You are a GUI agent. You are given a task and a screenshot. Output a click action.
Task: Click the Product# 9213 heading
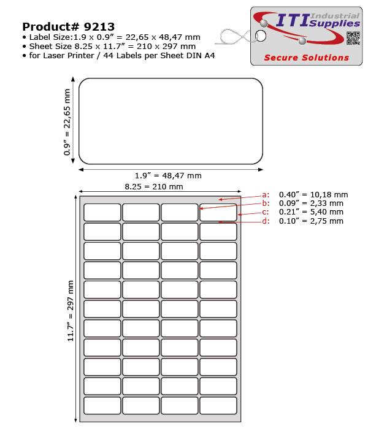(x=68, y=26)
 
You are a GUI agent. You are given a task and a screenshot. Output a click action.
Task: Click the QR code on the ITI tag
(x=353, y=38)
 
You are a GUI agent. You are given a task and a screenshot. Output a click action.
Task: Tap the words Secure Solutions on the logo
(x=306, y=58)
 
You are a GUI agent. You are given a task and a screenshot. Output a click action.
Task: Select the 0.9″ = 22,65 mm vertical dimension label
(x=67, y=122)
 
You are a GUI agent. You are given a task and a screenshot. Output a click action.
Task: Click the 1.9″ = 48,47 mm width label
(x=168, y=176)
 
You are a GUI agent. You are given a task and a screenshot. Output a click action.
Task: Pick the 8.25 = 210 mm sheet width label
(x=154, y=186)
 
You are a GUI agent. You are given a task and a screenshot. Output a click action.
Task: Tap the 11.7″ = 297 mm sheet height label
(x=71, y=311)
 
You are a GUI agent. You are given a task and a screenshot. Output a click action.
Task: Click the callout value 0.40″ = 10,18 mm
(x=313, y=195)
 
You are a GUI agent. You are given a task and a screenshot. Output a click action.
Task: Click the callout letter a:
(x=266, y=195)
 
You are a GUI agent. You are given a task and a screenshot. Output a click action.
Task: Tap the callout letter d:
(x=266, y=221)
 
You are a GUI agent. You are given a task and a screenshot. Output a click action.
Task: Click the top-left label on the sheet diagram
(x=102, y=212)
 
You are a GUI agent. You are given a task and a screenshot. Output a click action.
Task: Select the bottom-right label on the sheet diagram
(x=218, y=406)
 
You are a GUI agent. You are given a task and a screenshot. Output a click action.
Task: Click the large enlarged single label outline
(x=171, y=121)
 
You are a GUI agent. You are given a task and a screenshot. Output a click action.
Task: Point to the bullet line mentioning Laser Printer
(x=122, y=56)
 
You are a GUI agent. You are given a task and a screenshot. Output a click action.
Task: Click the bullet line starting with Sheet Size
(x=112, y=46)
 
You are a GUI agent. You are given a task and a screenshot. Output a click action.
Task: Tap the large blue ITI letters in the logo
(x=293, y=21)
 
